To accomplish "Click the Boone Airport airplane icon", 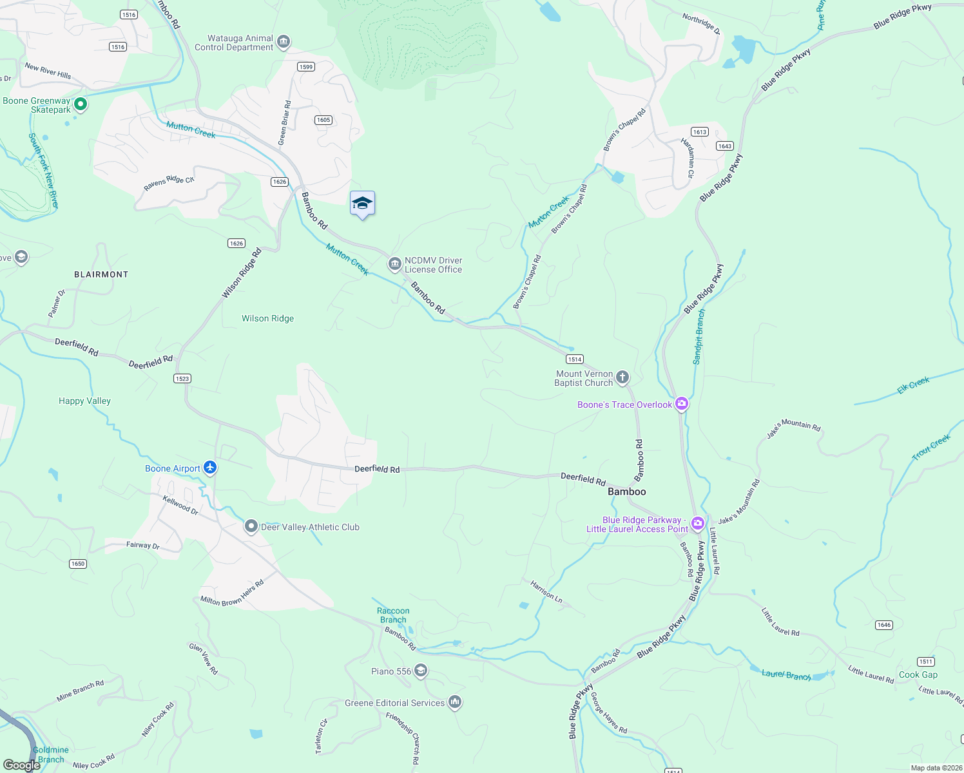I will click(209, 468).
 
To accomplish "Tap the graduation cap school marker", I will click(362, 204).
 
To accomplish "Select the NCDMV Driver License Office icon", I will click(394, 264).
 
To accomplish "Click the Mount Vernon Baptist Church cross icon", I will click(622, 377).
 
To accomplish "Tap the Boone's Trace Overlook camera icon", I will click(682, 404).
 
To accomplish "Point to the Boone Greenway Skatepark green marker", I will click(80, 104).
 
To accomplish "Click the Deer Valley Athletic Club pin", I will click(251, 526).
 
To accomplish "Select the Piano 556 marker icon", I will click(420, 671).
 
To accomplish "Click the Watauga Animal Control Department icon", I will click(283, 43).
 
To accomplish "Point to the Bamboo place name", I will click(626, 491).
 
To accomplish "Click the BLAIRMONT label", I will click(101, 274).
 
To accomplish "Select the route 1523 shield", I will click(182, 378).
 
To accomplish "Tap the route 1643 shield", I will click(724, 146).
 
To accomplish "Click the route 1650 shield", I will click(78, 563).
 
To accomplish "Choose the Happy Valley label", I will click(84, 401).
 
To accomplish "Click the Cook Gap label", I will click(918, 674).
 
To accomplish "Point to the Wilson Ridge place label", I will click(267, 318).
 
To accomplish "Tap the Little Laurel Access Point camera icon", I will click(697, 522).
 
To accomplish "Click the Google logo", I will click(21, 765).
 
